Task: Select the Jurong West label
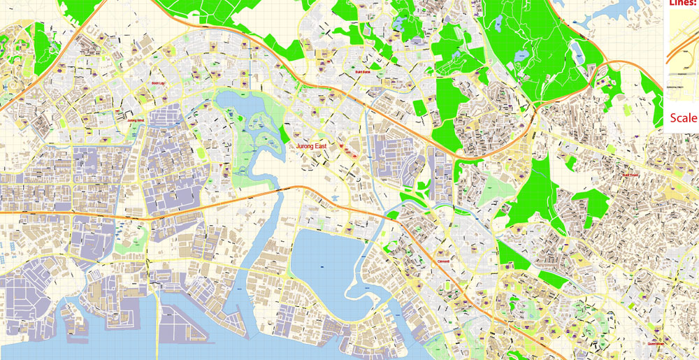[136, 120]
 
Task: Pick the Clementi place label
[443, 261]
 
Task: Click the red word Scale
[684, 117]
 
